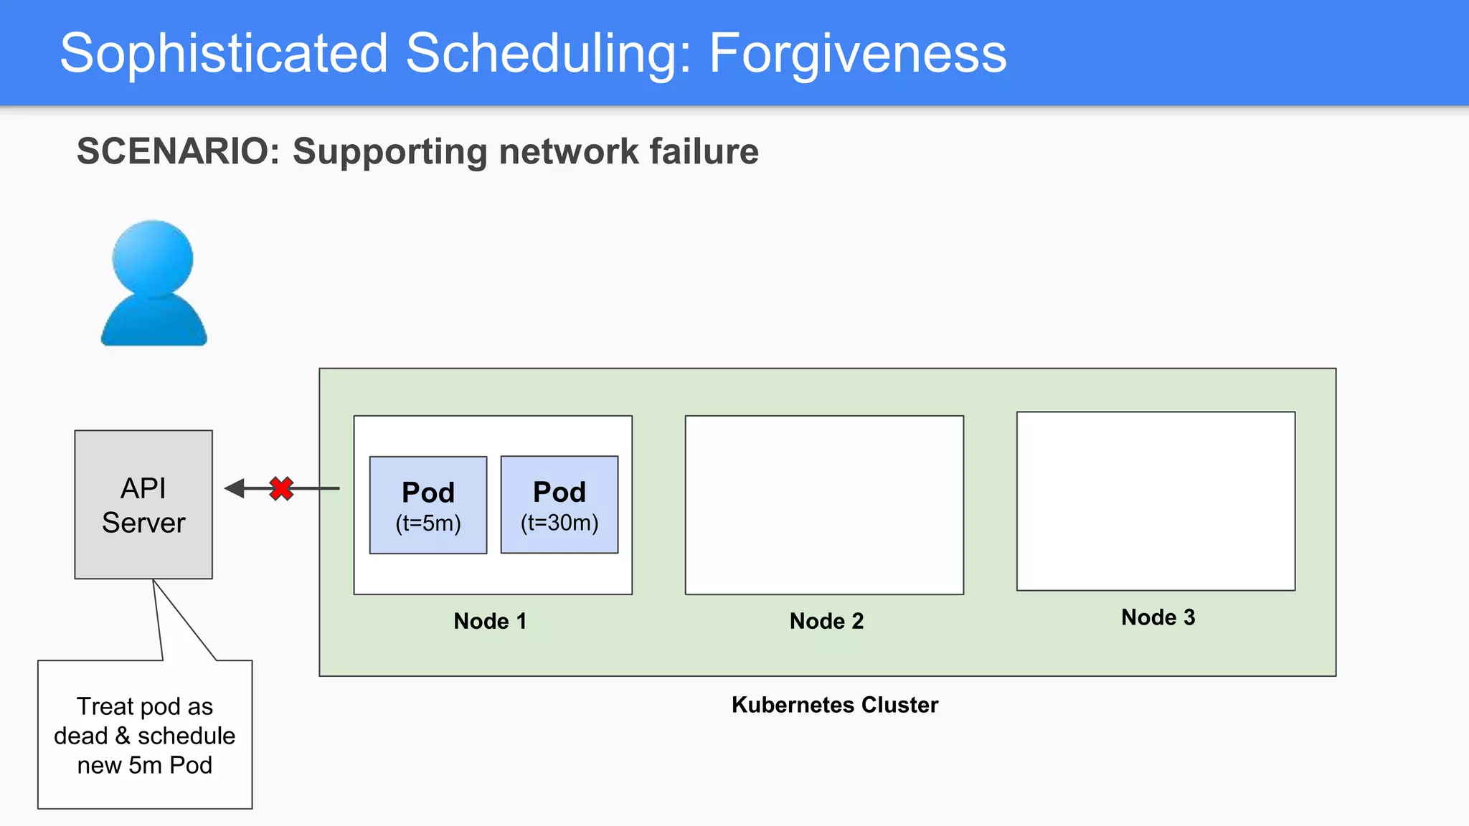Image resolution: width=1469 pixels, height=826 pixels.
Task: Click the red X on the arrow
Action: [281, 489]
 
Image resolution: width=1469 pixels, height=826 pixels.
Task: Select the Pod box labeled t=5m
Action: [428, 505]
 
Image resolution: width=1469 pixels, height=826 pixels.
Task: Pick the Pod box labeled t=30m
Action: [559, 505]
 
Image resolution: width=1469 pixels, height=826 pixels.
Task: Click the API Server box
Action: [143, 505]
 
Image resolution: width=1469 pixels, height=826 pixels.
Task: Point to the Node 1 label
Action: [490, 621]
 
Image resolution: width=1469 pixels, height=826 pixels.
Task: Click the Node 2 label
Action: [826, 621]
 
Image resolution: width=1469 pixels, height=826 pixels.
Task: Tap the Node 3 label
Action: [1158, 617]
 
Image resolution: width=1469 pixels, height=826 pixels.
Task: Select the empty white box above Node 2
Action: [824, 505]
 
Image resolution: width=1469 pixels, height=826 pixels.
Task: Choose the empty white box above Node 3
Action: [1156, 501]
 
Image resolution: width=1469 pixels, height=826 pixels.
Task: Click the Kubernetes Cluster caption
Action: [835, 705]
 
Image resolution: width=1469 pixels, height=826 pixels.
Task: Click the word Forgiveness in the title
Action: [858, 53]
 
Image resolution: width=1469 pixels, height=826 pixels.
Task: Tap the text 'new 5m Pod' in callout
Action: [145, 766]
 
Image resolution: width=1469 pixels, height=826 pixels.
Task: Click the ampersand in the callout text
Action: [123, 736]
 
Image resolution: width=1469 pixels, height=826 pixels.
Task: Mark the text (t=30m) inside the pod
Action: [559, 523]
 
